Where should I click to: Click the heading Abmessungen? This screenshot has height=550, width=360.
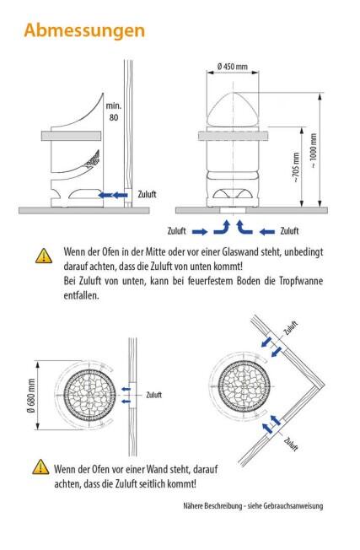[x=84, y=31]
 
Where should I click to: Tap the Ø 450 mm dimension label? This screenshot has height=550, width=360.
[x=233, y=67]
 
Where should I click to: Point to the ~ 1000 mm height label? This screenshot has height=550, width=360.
[x=314, y=150]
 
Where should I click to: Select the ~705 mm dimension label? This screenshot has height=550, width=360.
[x=295, y=167]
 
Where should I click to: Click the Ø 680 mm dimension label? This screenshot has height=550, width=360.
[x=31, y=396]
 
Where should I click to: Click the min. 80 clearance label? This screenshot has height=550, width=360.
[x=114, y=111]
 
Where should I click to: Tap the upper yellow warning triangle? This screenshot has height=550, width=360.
[x=44, y=256]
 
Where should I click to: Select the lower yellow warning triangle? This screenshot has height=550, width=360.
[x=40, y=466]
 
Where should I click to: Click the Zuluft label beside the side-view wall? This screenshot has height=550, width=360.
[x=147, y=194]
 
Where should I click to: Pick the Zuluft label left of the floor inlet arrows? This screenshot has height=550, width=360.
[x=177, y=231]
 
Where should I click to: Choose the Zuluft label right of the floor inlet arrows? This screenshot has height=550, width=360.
[x=289, y=231]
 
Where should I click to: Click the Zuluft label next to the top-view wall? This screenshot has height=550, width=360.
[x=154, y=395]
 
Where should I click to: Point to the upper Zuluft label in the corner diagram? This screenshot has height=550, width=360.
[x=291, y=328]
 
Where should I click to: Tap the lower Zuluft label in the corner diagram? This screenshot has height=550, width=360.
[x=291, y=444]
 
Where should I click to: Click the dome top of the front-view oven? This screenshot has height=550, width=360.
[x=233, y=109]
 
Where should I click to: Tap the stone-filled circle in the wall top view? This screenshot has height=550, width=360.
[x=89, y=395]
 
